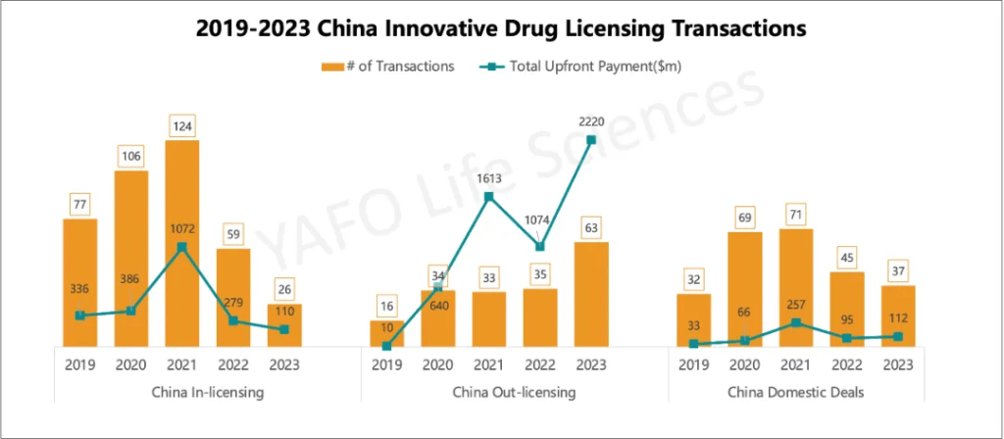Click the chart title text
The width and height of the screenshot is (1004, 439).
[x=501, y=29]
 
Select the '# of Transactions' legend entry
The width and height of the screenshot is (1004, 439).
[x=387, y=67]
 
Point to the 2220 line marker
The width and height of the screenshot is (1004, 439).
[x=591, y=140]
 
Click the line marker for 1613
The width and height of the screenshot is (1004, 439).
[x=489, y=197]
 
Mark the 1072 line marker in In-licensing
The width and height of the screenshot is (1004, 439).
[x=182, y=246]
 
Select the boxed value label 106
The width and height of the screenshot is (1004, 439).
[x=131, y=156]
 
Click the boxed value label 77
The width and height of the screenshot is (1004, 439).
[x=80, y=204]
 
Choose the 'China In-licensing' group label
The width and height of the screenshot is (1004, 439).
[x=207, y=392]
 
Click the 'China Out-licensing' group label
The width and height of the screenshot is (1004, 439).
[x=514, y=392]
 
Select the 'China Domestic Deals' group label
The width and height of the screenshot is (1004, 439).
[x=795, y=392]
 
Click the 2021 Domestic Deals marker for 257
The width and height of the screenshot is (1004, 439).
[x=795, y=322]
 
